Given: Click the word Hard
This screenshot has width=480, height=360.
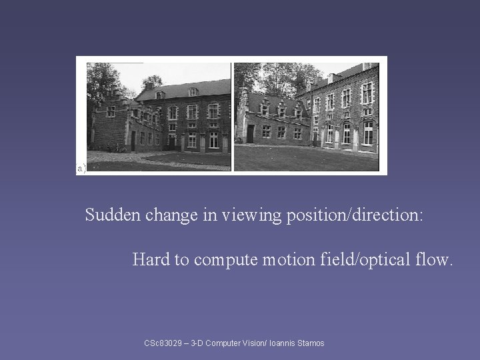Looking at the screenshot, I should click(151, 259).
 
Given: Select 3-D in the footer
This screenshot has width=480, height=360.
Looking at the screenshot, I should click(197, 343).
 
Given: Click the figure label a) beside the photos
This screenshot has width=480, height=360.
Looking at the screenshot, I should click(81, 169).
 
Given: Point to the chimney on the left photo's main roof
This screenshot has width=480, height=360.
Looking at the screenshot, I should click(149, 85).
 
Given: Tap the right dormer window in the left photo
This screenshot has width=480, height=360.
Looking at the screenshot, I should click(193, 91).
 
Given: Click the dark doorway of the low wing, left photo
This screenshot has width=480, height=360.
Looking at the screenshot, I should click(133, 140).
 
